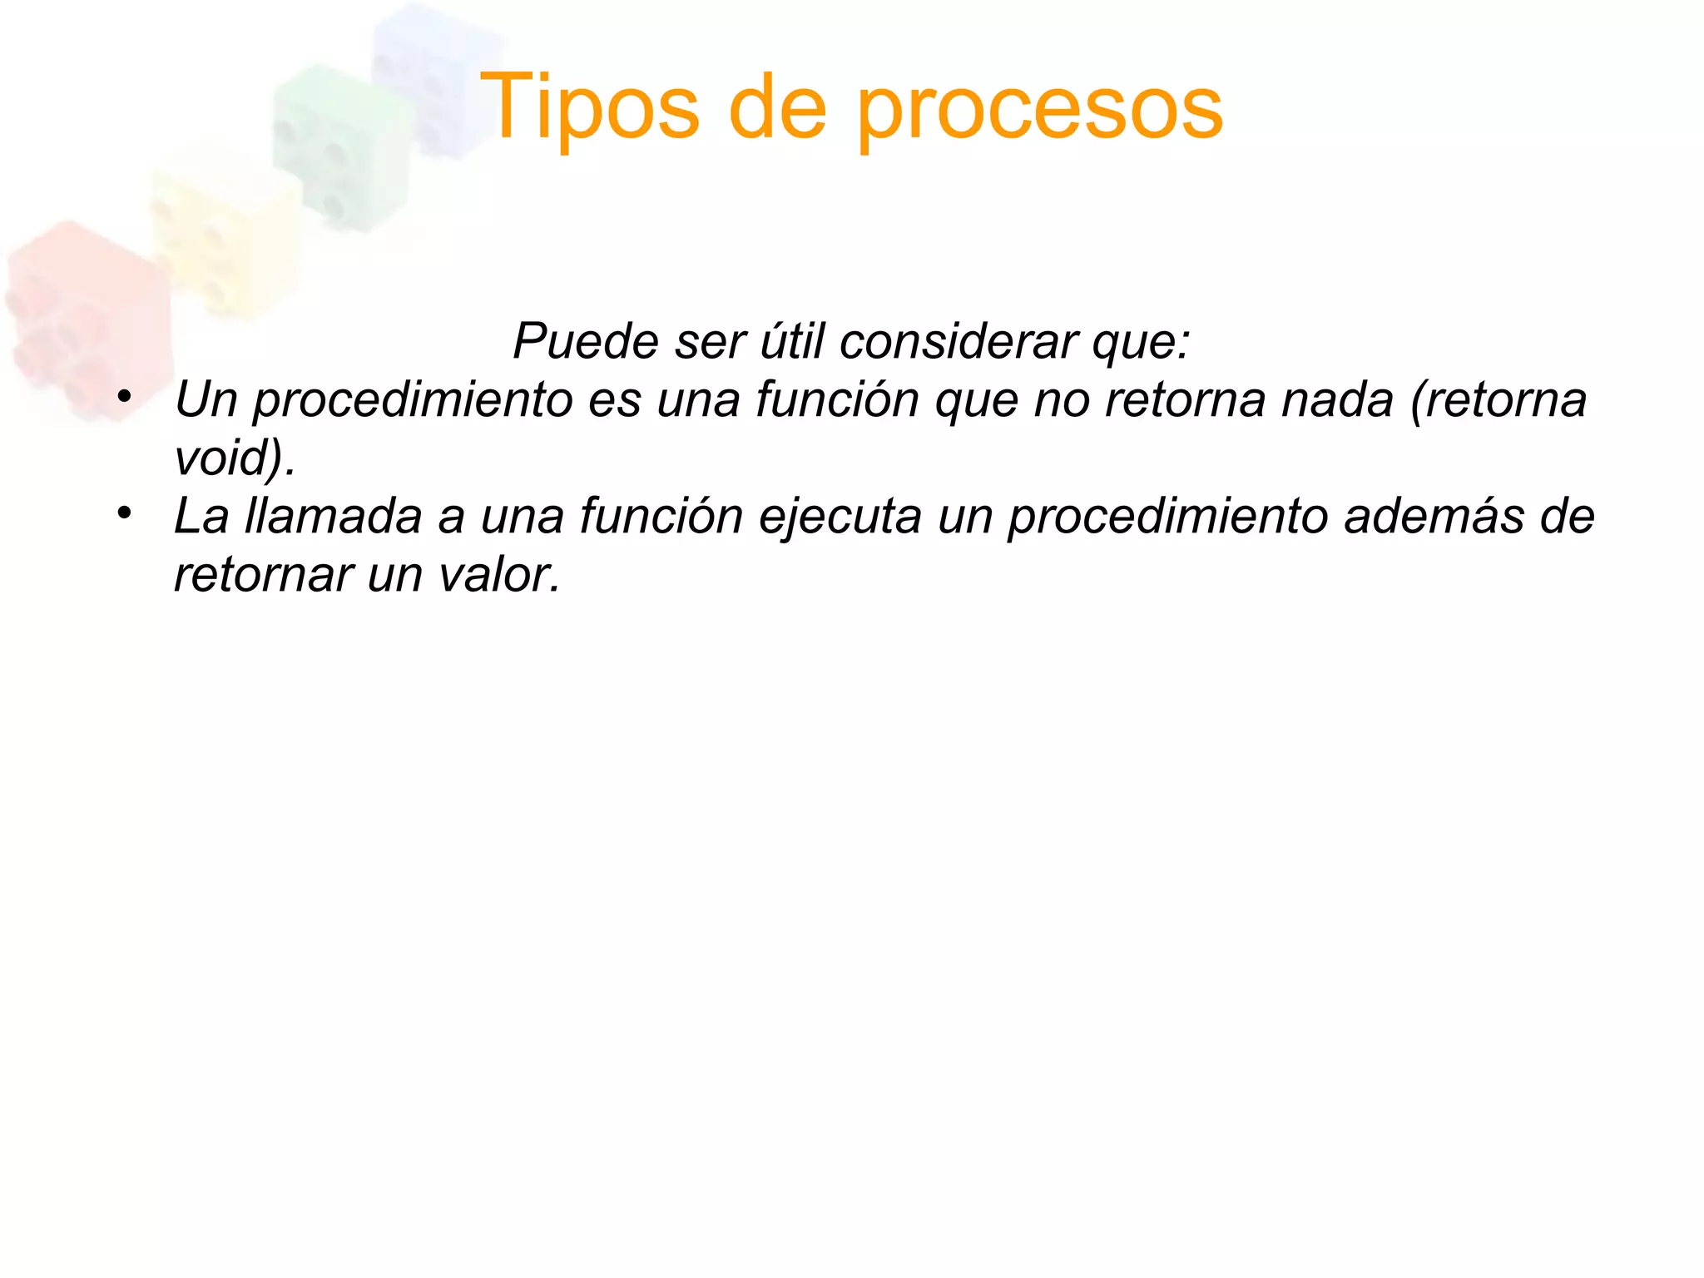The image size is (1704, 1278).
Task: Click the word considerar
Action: click(x=958, y=340)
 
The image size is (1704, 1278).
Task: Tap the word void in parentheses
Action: click(x=220, y=457)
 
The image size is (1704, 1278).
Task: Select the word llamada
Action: click(x=333, y=516)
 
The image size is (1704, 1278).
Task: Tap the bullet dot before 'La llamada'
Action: click(x=125, y=513)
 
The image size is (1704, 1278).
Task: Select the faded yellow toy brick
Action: click(x=225, y=233)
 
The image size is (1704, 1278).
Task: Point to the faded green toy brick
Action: click(x=341, y=141)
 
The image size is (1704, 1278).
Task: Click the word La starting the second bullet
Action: click(x=201, y=516)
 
